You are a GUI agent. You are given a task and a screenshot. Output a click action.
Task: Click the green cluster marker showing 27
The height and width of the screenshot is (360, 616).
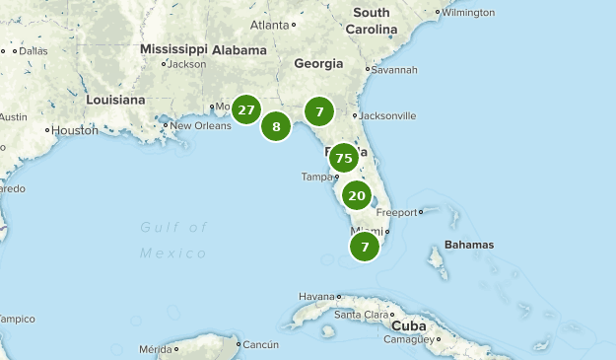click(245, 110)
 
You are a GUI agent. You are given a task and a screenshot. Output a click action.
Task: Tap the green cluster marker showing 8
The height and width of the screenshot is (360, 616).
click(276, 126)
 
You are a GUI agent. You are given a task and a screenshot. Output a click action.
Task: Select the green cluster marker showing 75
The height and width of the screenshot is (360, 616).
click(343, 158)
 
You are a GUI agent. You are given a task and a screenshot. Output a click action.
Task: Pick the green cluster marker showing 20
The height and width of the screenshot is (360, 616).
click(357, 195)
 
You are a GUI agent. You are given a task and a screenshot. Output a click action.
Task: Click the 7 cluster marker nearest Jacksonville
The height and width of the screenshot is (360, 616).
click(319, 111)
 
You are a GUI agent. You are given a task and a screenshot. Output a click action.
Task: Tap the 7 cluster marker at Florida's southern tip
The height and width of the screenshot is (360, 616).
click(365, 247)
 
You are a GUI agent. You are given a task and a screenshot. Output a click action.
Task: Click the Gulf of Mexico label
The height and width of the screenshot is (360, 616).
click(173, 240)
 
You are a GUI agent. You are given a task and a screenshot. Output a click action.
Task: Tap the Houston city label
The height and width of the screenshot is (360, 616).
click(75, 129)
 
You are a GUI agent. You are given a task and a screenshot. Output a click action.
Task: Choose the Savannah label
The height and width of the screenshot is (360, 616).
click(395, 70)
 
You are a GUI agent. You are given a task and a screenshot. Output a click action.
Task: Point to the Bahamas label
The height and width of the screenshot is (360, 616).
click(468, 244)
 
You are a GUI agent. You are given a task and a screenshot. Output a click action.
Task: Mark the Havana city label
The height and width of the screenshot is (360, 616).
click(317, 296)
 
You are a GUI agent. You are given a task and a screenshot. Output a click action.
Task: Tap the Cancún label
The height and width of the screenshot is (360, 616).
click(261, 344)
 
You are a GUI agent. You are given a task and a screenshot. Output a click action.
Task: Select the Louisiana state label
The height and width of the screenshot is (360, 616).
click(115, 100)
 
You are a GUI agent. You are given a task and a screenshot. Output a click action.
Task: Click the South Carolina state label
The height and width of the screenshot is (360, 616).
click(371, 21)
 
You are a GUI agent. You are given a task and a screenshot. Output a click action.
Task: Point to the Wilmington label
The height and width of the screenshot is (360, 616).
click(468, 13)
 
